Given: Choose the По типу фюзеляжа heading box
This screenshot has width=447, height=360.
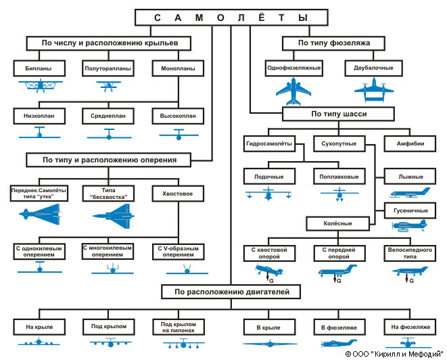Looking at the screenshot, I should (x=333, y=43).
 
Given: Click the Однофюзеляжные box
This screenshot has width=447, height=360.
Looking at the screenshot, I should (x=293, y=68).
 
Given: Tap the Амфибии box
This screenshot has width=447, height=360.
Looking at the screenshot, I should (x=410, y=143).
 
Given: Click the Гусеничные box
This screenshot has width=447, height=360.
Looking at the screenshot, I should (x=410, y=210).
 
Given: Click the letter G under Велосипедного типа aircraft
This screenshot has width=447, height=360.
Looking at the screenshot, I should (x=411, y=280).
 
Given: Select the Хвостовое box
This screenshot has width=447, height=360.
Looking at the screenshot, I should (x=178, y=193).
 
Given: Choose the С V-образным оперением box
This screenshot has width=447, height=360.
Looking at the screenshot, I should (x=178, y=251).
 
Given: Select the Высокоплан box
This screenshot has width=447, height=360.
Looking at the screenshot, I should (x=178, y=116).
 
